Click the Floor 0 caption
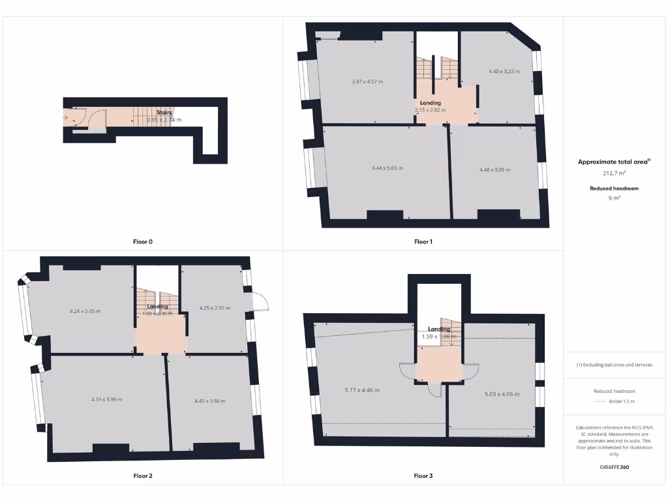[143, 242]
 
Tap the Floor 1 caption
[423, 242]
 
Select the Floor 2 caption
[143, 476]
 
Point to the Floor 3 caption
[423, 476]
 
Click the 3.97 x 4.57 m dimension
[367, 82]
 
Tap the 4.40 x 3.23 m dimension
[504, 71]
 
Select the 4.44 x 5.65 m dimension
[387, 168]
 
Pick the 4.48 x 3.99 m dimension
[494, 170]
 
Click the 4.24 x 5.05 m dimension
[85, 311]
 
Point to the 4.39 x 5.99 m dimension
[106, 399]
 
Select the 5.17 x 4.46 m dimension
[362, 390]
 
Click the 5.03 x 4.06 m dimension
[500, 394]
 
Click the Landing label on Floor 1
[431, 103]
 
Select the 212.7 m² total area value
[614, 174]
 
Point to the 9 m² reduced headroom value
[614, 198]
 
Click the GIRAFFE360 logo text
[614, 467]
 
